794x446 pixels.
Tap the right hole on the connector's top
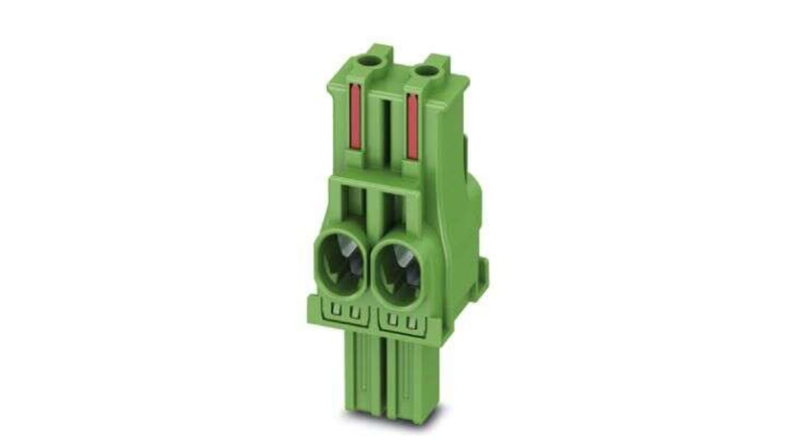point(428,70)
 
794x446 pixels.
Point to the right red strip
point(413,126)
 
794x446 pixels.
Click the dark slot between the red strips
point(386,129)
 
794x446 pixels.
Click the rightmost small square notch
point(413,322)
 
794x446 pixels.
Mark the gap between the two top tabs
point(406,61)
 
